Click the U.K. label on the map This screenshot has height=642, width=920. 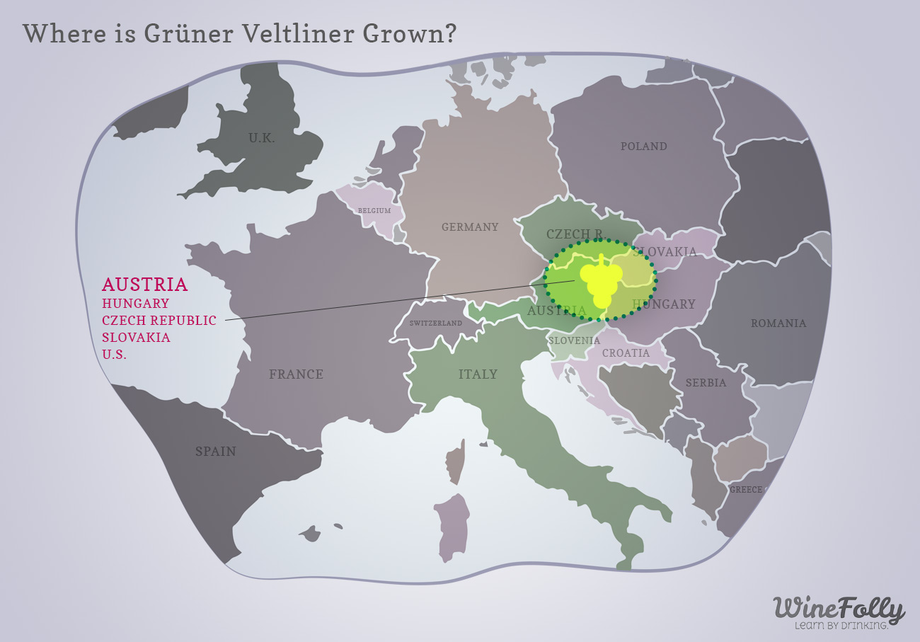[x=261, y=138]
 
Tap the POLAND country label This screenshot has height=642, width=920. [x=643, y=147]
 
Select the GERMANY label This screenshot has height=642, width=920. [x=470, y=227]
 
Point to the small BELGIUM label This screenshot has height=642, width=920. [x=374, y=211]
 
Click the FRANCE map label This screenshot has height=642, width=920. [x=296, y=374]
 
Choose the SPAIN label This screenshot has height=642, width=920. [x=216, y=452]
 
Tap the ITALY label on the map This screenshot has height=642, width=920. [x=478, y=374]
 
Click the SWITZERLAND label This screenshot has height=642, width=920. [x=436, y=323]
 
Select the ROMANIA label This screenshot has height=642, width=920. [x=778, y=323]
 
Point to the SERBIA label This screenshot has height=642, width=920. [x=706, y=383]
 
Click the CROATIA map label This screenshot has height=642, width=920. [x=626, y=353]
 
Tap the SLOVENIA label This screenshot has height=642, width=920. [x=574, y=340]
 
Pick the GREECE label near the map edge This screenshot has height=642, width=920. [x=746, y=490]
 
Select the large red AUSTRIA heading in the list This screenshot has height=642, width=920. [x=145, y=285]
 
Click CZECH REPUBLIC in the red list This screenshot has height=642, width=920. [x=159, y=321]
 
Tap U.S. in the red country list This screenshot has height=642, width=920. [x=115, y=355]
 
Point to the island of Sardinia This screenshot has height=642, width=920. [x=452, y=527]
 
